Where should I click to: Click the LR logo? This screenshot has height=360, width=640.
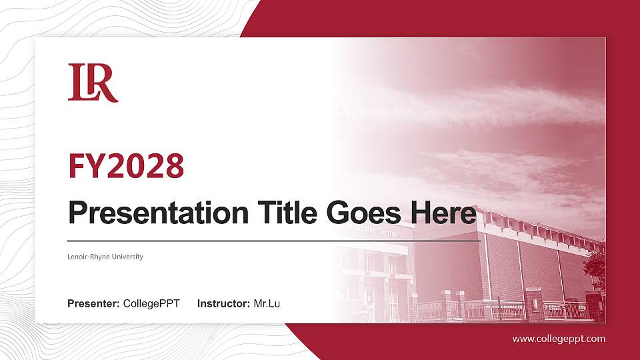click(93, 83)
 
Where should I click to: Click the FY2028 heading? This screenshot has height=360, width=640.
click(126, 166)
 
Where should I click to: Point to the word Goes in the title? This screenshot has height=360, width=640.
click(363, 213)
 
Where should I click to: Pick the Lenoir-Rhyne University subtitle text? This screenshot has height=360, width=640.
click(105, 257)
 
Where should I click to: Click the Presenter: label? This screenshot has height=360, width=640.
click(93, 304)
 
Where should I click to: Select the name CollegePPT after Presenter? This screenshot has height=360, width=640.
click(151, 304)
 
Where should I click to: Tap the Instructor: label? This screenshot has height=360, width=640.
click(224, 304)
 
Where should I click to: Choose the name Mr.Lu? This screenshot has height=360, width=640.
click(267, 304)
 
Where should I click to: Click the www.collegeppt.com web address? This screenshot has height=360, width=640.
click(559, 339)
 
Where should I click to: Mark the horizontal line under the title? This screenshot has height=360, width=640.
click(273, 241)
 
